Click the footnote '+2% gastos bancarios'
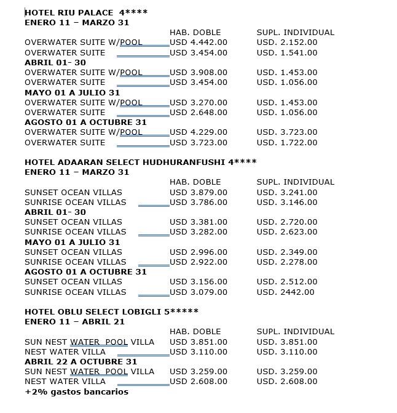[x=76, y=391]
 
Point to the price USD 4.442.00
[x=198, y=42]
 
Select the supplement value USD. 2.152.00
[x=287, y=42]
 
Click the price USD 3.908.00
[x=198, y=73]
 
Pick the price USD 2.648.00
[x=198, y=113]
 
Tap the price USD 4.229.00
[x=198, y=132]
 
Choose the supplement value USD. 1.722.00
[x=287, y=143]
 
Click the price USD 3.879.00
[x=198, y=192]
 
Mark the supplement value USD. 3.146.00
[x=287, y=202]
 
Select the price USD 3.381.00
[x=198, y=222]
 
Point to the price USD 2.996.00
[x=198, y=252]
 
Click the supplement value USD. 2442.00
[x=285, y=292]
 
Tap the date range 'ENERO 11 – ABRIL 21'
[x=74, y=321]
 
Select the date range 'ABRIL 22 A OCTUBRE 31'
[x=81, y=361]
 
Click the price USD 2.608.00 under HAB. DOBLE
[x=198, y=382]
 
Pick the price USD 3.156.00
[x=198, y=282]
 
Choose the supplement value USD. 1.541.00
[x=287, y=53]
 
